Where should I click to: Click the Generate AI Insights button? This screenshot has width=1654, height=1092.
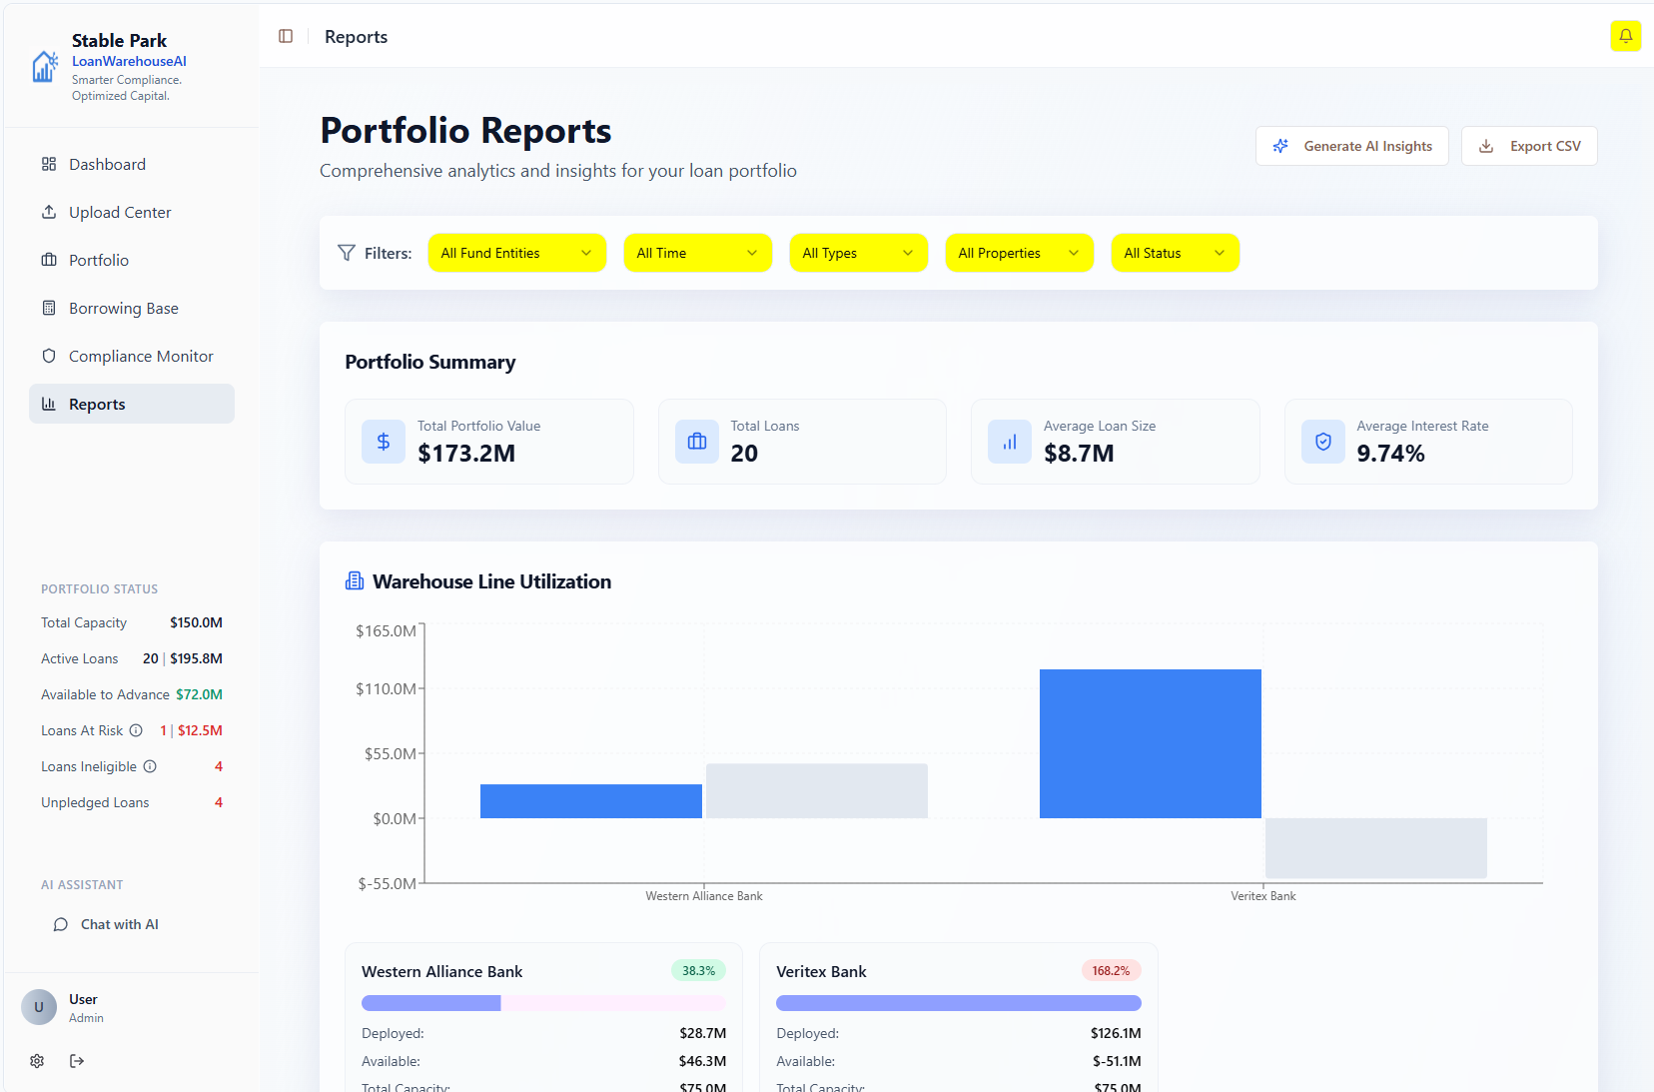(1351, 146)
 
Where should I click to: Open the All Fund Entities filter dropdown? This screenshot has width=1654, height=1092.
(516, 253)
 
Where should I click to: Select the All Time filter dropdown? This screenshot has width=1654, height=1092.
(697, 253)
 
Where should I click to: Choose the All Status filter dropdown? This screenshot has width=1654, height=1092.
(1175, 253)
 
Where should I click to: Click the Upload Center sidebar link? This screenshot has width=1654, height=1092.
(120, 212)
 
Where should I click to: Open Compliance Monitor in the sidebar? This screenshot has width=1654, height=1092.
(141, 356)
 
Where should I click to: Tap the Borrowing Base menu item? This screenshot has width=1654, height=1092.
(124, 308)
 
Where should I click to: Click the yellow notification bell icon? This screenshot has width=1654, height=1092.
(1625, 36)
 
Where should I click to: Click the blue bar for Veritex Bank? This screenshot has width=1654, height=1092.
(1150, 743)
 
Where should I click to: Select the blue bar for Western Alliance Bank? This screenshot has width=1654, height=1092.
(590, 801)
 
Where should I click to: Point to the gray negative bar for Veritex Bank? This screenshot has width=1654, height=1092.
(1375, 848)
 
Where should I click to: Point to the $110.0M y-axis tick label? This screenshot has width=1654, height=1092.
(386, 688)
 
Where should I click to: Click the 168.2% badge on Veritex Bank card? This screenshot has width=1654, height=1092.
(1111, 971)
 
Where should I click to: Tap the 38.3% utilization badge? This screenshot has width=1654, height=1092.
(698, 971)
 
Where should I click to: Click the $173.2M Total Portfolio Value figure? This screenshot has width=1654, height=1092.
(466, 454)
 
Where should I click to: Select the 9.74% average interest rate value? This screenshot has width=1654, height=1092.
(1390, 454)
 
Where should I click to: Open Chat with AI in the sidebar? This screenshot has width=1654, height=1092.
(119, 924)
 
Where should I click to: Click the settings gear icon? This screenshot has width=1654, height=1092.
(37, 1061)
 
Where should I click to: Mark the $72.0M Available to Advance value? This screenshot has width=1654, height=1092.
(199, 694)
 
